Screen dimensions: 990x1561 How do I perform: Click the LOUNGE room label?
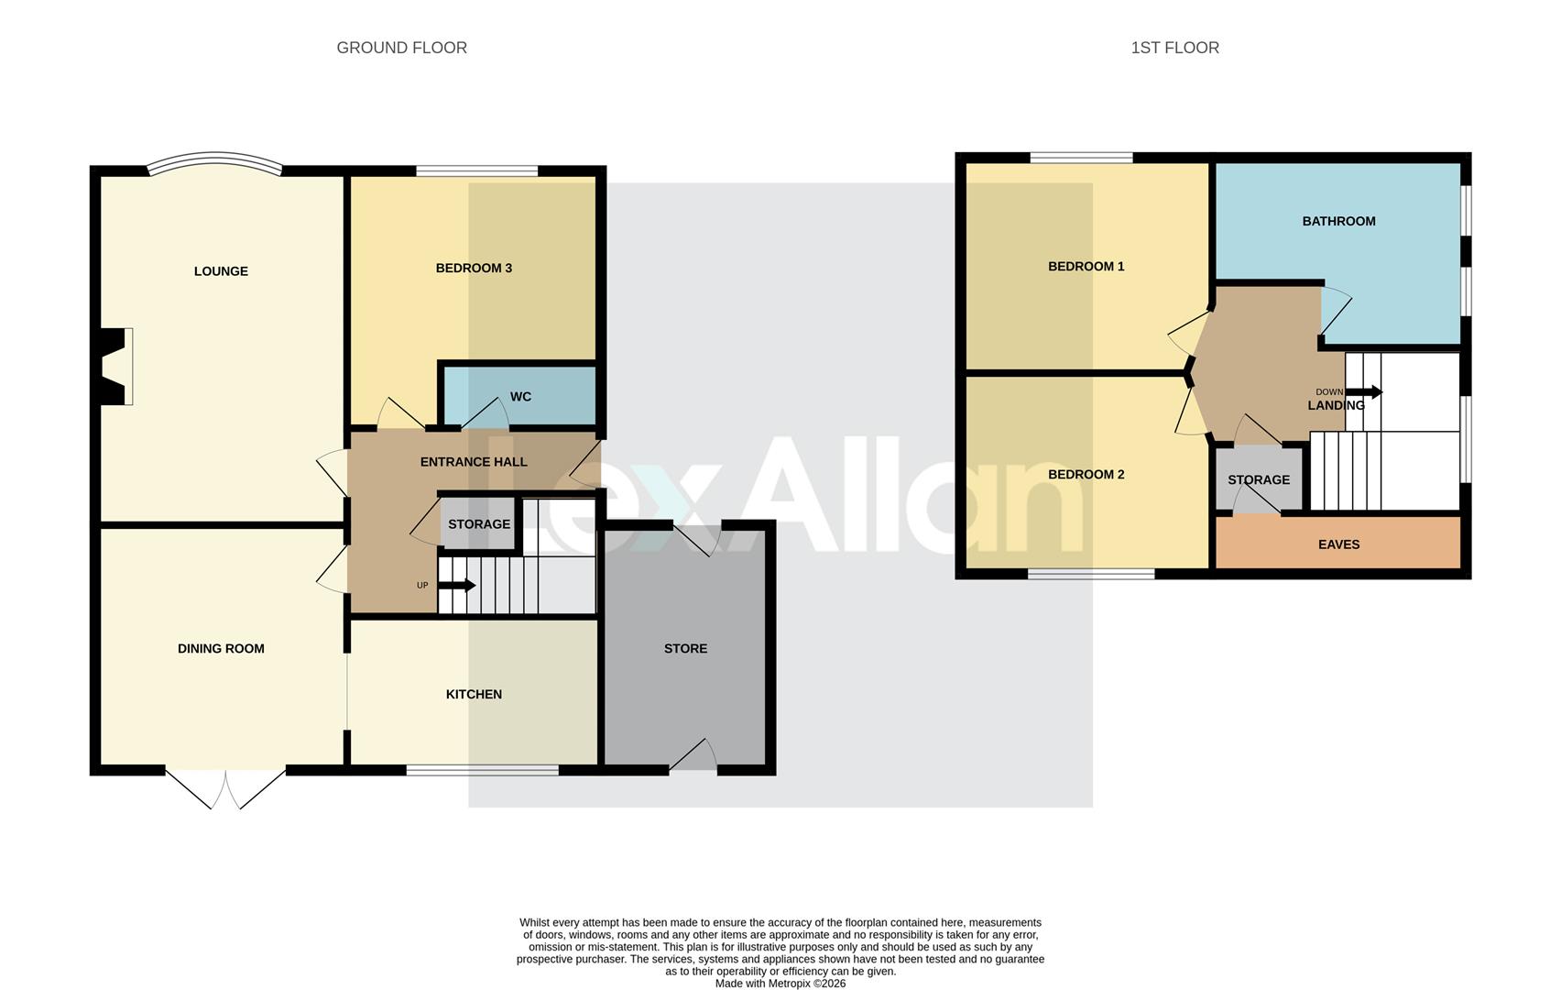point(221,271)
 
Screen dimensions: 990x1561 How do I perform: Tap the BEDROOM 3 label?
point(473,269)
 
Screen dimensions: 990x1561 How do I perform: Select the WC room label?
point(520,397)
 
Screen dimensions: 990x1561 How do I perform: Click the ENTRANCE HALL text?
point(474,462)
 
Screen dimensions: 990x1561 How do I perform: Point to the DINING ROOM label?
point(221,649)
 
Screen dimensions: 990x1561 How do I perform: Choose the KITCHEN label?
point(474,695)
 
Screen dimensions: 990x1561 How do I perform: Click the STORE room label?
point(685,649)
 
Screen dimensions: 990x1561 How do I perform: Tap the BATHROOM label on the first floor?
point(1338,221)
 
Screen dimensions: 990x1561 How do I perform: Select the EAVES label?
point(1338,544)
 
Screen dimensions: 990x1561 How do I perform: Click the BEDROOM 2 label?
point(1086,475)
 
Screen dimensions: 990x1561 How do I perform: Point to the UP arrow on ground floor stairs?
point(457,585)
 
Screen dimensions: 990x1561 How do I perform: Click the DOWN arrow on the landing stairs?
point(1364,392)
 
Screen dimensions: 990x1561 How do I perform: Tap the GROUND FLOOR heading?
point(401,48)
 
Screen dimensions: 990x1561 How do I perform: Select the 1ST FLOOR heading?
point(1174,48)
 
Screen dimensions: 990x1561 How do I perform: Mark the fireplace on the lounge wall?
point(114,366)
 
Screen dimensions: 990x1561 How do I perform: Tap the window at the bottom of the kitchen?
point(482,770)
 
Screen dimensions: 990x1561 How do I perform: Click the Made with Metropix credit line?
point(780,984)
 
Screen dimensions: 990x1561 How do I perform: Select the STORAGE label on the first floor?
point(1258,480)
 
